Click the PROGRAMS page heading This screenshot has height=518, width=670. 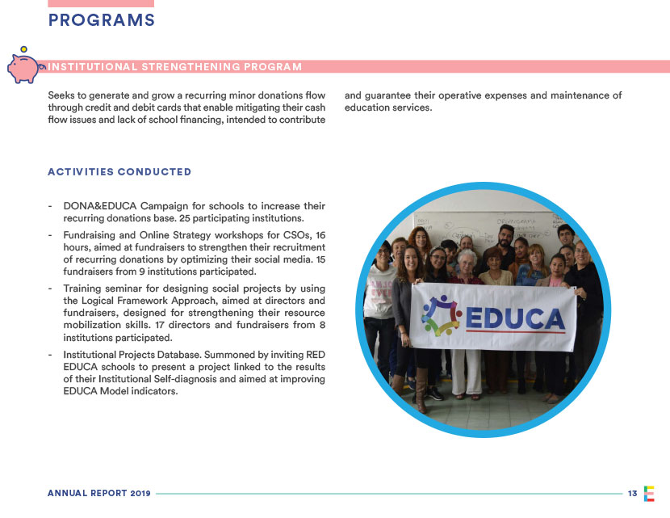pyautogui.click(x=102, y=21)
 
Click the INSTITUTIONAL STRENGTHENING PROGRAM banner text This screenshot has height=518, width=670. pyautogui.click(x=175, y=66)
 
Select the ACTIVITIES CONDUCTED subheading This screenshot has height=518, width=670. pyautogui.click(x=119, y=171)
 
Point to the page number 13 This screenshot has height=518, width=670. pyautogui.click(x=632, y=493)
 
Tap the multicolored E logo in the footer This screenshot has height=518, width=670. pyautogui.click(x=649, y=493)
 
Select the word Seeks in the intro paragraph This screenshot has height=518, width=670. pyautogui.click(x=62, y=95)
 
